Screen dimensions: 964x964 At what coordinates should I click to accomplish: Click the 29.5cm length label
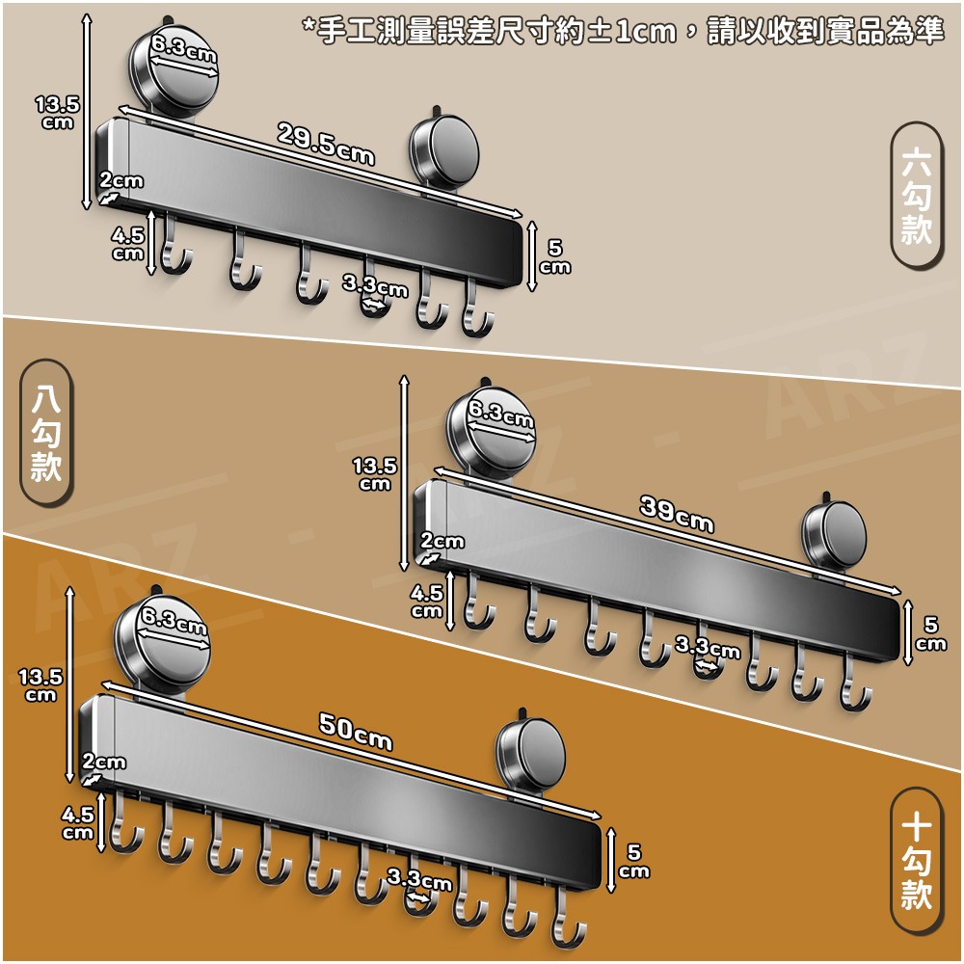click(326, 144)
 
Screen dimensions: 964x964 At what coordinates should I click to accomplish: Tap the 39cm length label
click(677, 515)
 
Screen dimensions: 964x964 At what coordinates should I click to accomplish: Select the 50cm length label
click(356, 732)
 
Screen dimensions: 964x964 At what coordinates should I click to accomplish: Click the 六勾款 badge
click(916, 195)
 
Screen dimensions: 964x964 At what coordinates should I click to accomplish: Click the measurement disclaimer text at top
click(623, 31)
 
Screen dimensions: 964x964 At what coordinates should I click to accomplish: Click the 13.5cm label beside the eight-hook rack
click(375, 473)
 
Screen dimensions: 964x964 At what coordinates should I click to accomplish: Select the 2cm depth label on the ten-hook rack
click(104, 762)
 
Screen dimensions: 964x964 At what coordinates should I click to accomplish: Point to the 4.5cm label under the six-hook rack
click(127, 244)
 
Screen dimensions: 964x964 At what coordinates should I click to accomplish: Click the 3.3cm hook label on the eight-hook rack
click(708, 647)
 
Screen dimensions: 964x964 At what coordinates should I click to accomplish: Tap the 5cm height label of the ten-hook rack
click(634, 861)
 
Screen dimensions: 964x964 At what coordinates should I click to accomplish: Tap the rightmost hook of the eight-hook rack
click(854, 684)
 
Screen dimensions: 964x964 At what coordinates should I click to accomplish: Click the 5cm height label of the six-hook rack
click(555, 257)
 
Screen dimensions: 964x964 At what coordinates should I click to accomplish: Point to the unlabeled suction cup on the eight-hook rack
click(833, 535)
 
